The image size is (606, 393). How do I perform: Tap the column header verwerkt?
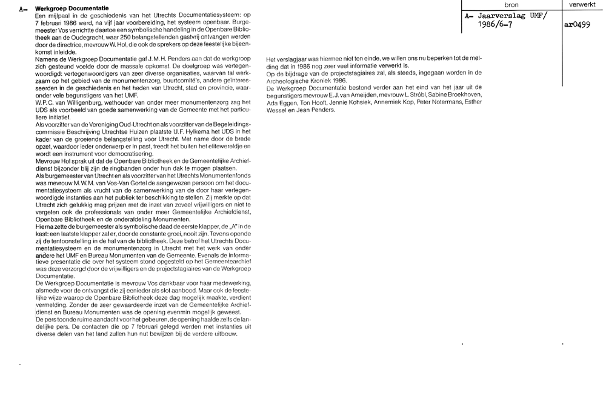tap(583, 4)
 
